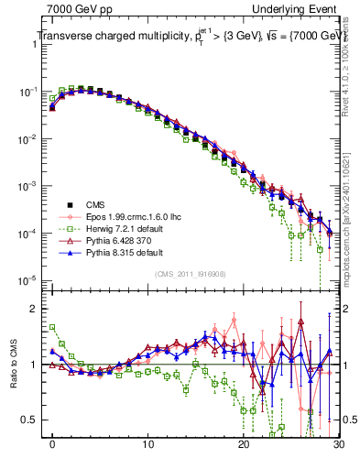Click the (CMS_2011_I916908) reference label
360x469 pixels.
(191, 274)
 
